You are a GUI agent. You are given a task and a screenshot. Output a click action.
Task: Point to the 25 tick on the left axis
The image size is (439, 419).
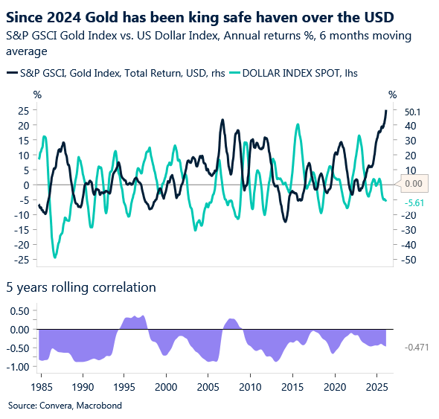point(23,110)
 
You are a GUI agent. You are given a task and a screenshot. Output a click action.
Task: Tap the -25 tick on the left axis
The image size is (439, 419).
point(22,259)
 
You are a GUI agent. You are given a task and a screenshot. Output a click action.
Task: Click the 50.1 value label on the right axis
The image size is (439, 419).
point(413,112)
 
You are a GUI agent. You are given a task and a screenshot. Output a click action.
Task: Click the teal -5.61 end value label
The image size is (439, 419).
point(413,202)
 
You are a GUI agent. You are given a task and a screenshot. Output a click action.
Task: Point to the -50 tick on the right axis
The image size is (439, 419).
point(411,260)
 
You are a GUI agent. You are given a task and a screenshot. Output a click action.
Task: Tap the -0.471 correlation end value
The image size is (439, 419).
point(417,347)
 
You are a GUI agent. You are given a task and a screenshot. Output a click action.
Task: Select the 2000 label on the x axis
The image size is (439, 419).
point(166,387)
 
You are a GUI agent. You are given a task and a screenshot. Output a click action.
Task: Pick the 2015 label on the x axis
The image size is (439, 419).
point(292,387)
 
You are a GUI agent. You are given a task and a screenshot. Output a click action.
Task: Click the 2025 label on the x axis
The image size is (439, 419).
point(376,387)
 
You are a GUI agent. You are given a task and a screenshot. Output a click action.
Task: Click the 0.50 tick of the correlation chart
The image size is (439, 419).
point(19,311)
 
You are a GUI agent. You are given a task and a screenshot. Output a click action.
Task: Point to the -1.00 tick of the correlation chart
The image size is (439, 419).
point(17,366)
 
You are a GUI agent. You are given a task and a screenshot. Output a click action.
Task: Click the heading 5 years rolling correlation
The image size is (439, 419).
point(81,287)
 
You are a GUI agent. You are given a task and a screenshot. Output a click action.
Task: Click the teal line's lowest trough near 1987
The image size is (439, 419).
point(55,257)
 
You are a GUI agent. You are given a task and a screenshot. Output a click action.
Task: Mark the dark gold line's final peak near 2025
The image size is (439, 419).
point(385,111)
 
